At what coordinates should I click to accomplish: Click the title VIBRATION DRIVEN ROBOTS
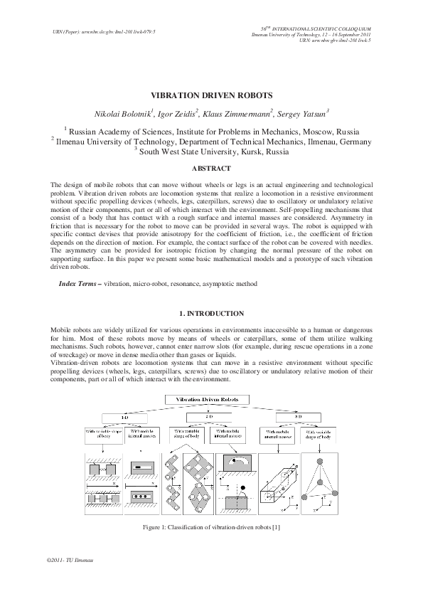pos(211,95)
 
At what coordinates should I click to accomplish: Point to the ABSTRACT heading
pos(211,169)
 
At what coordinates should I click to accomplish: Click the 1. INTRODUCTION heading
pos(211,314)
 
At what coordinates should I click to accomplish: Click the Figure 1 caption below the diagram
pos(211,526)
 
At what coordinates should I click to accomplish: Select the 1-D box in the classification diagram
pos(123,417)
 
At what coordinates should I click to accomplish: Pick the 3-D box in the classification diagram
pos(298,417)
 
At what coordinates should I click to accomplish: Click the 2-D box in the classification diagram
pos(210,417)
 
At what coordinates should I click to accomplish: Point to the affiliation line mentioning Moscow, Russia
pos(211,132)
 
